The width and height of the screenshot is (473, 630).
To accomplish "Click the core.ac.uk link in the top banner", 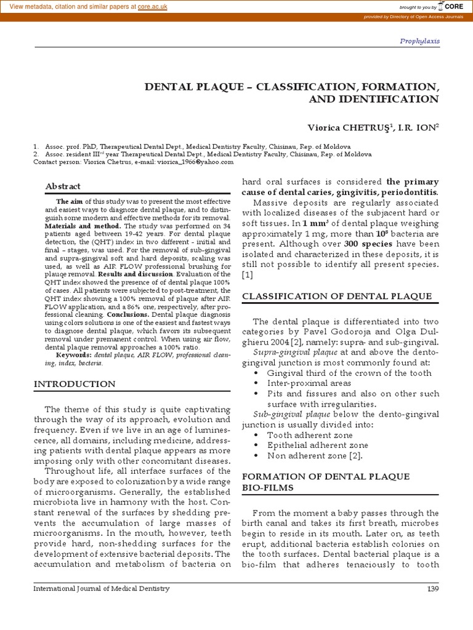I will (x=156, y=7).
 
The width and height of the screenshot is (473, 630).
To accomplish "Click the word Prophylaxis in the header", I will (x=419, y=41).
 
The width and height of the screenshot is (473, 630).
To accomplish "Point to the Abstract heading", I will (x=63, y=186).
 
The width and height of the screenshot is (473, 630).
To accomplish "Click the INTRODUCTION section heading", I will (x=74, y=384).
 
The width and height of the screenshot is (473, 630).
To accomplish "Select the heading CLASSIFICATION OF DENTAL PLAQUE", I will (x=337, y=296).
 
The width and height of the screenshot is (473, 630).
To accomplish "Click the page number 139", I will (x=432, y=589).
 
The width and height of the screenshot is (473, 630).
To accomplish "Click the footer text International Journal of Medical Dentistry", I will (x=101, y=589).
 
